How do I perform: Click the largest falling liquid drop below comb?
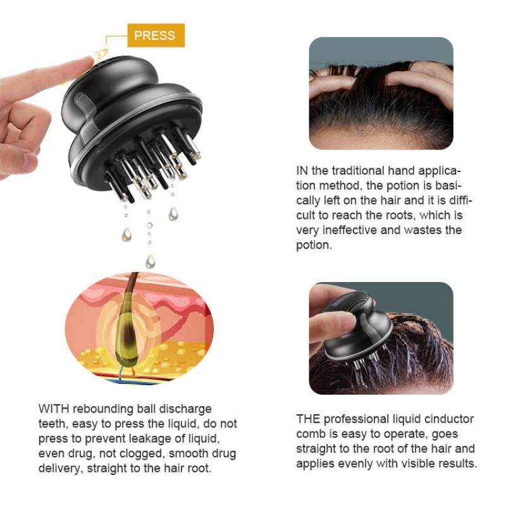point(150,260)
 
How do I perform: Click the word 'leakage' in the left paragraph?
point(140,438)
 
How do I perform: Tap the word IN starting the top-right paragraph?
point(302,171)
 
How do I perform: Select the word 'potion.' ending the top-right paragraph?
point(314,245)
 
